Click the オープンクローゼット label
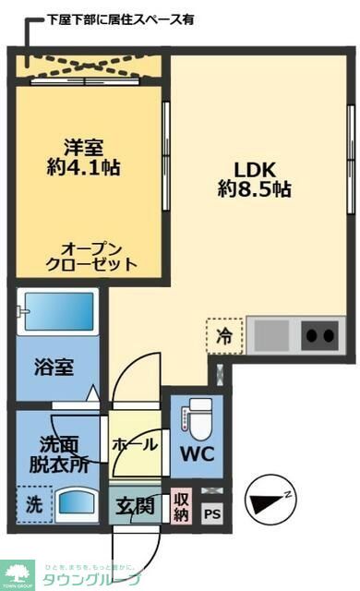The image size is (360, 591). click(90, 256)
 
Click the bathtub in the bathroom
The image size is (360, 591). click(57, 313)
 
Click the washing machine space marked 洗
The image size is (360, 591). click(32, 505)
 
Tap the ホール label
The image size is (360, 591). click(134, 444)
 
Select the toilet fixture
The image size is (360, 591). click(198, 417)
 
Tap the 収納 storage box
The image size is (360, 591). click(181, 507)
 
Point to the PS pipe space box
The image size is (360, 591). click(211, 514)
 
